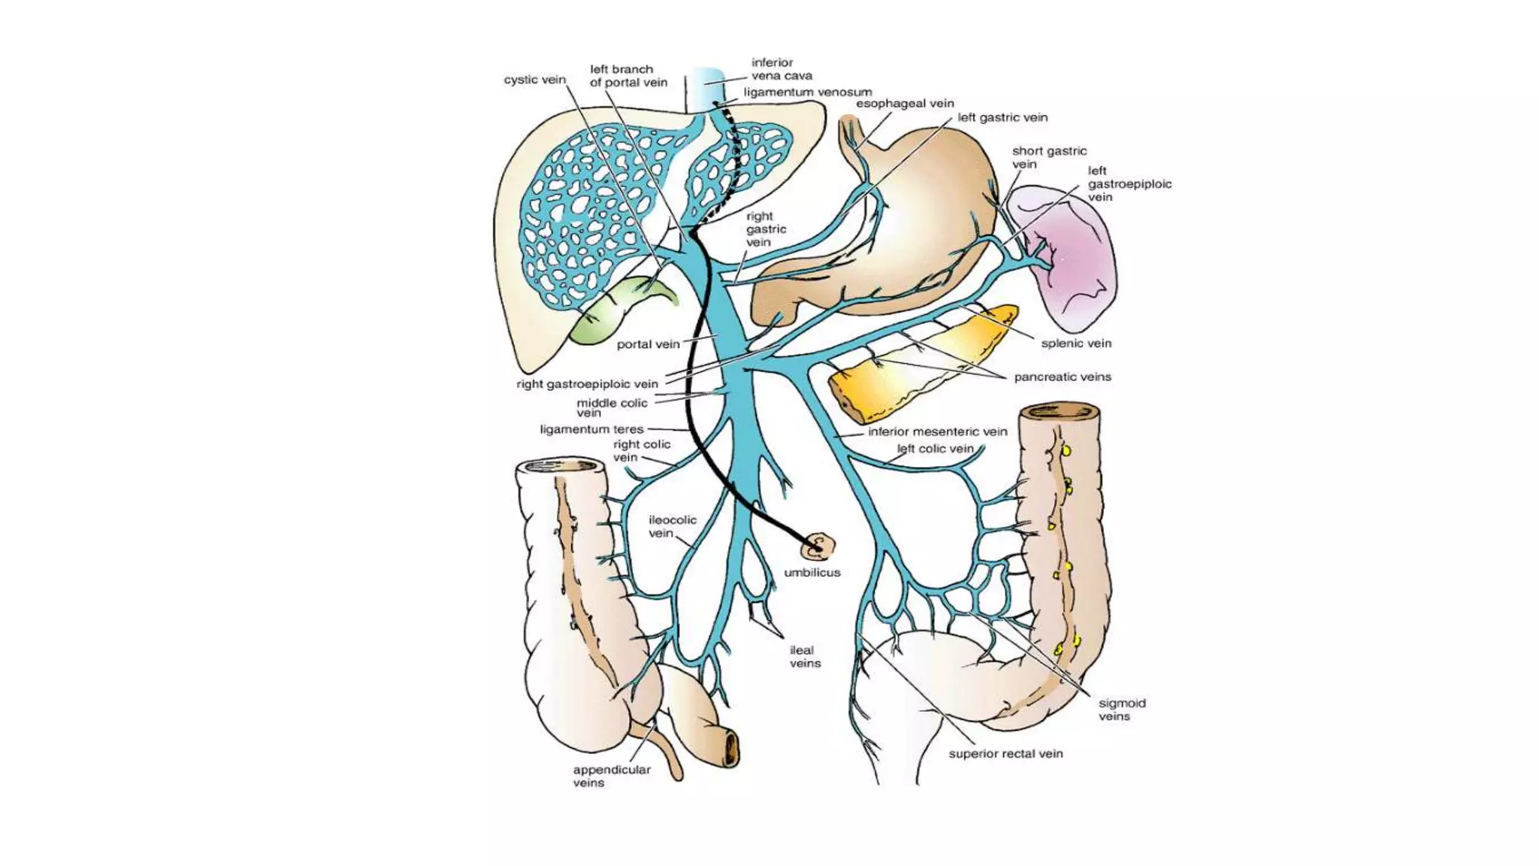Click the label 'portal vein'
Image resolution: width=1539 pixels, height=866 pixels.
pyautogui.click(x=648, y=344)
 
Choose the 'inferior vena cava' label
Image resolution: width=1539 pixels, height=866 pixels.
pyautogui.click(x=782, y=69)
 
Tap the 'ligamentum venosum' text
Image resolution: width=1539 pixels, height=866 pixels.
pyautogui.click(x=808, y=92)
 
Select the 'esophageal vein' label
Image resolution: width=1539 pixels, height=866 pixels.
pyautogui.click(x=905, y=104)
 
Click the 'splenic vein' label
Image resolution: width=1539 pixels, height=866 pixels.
pyautogui.click(x=1076, y=344)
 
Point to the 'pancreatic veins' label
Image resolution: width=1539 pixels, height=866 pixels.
pyautogui.click(x=1063, y=377)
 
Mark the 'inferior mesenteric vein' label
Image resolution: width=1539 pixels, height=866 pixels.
pyautogui.click(x=937, y=431)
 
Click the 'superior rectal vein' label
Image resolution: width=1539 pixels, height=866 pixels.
pyautogui.click(x=1005, y=753)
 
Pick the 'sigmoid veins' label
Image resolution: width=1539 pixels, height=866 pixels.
pyautogui.click(x=1122, y=710)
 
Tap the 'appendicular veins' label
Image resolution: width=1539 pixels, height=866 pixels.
pyautogui.click(x=612, y=776)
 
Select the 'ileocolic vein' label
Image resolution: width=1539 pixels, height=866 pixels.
pyautogui.click(x=672, y=526)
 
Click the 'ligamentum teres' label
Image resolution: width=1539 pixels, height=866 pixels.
pyautogui.click(x=591, y=429)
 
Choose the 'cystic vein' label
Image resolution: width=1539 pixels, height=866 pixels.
pyautogui.click(x=534, y=80)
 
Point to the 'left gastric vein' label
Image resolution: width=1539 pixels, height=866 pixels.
pyautogui.click(x=1002, y=117)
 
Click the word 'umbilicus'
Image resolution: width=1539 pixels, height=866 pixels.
pyautogui.click(x=812, y=572)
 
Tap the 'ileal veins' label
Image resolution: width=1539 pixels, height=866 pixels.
pyautogui.click(x=805, y=656)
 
